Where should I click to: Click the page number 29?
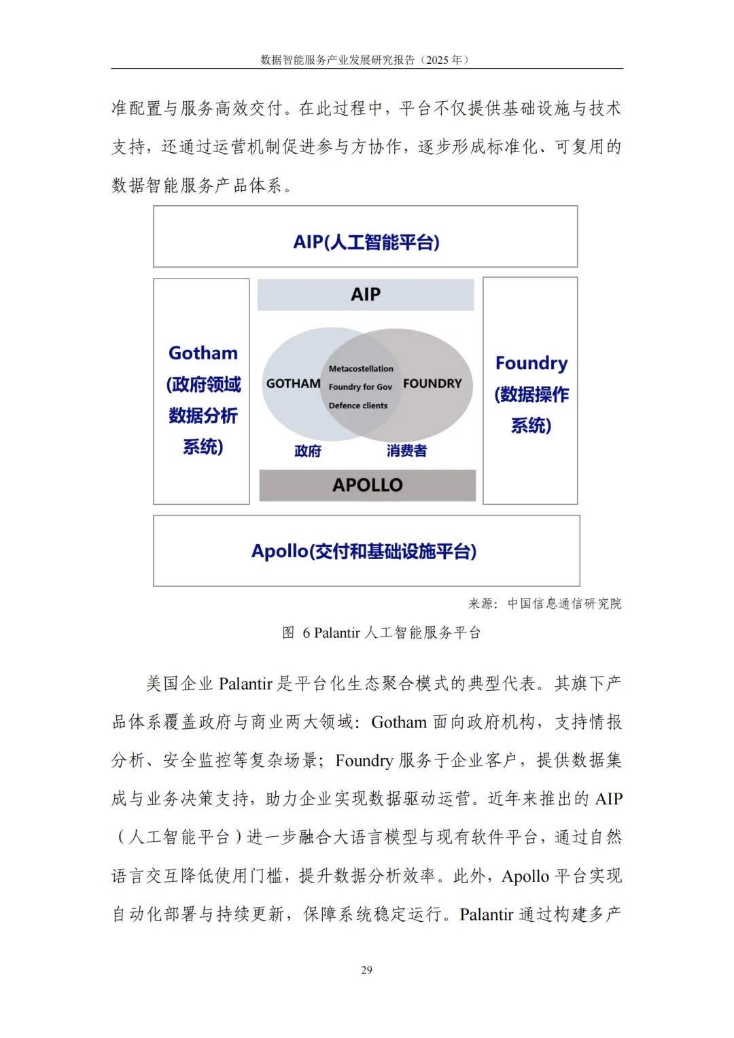click(366, 969)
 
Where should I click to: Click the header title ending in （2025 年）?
click(365, 60)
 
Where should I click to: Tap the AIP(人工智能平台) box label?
click(366, 242)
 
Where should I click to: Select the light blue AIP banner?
click(366, 295)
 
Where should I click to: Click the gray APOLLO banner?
click(368, 485)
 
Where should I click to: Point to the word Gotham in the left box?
click(203, 353)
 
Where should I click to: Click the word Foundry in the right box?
click(531, 363)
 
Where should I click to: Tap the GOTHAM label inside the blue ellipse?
click(293, 384)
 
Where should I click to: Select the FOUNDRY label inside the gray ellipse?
click(432, 384)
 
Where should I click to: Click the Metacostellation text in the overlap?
click(361, 369)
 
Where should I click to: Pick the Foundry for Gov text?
click(360, 387)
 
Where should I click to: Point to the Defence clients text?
click(358, 406)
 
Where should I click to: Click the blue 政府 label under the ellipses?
click(308, 451)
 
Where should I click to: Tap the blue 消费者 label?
click(406, 450)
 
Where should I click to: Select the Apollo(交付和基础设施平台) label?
click(364, 551)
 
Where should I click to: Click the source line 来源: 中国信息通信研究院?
click(544, 603)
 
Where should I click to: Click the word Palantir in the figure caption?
click(336, 633)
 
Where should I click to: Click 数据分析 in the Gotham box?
click(203, 416)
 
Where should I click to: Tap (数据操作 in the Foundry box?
click(531, 395)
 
